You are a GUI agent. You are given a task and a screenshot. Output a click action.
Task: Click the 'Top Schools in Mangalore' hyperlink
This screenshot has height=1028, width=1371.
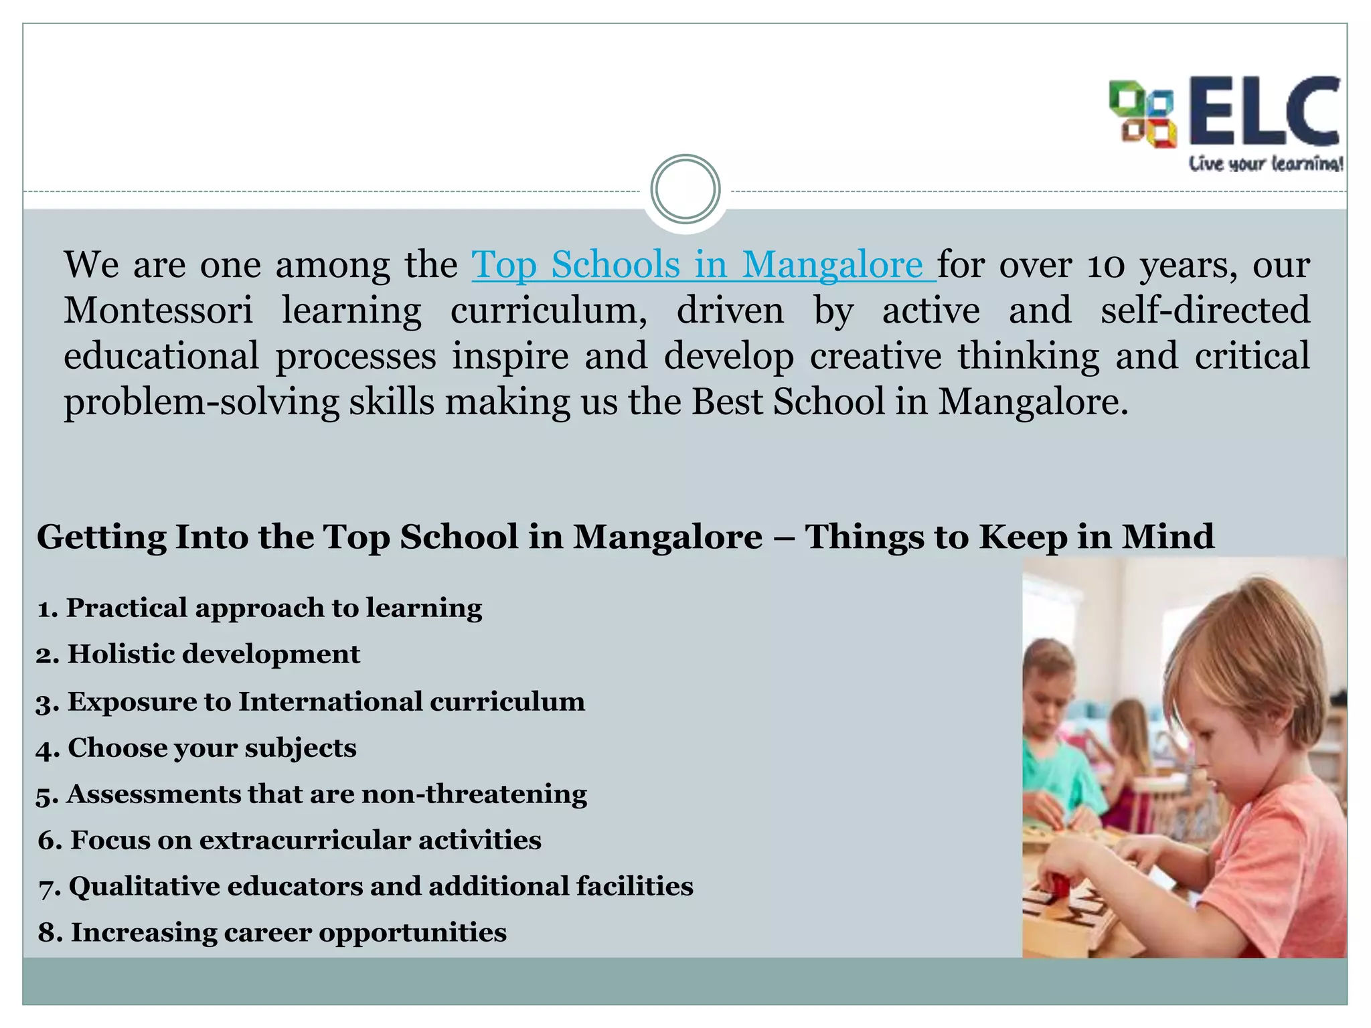click(703, 265)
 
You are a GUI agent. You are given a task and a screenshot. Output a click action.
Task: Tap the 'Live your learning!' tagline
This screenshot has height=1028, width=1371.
click(1265, 164)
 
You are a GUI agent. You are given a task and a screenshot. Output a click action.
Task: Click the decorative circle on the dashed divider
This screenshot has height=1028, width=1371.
click(685, 189)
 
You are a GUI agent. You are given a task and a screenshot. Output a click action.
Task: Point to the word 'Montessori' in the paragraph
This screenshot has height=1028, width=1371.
click(159, 311)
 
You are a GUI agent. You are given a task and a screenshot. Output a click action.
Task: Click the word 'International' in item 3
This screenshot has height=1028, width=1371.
click(331, 702)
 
